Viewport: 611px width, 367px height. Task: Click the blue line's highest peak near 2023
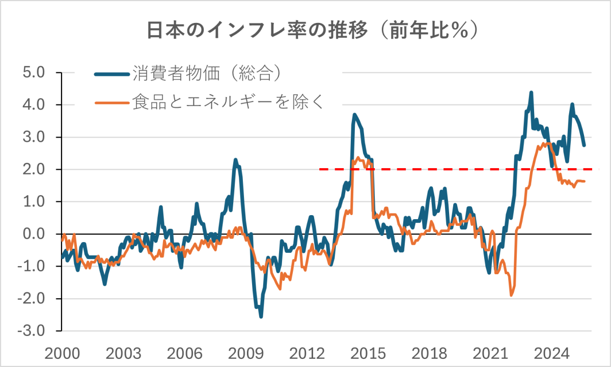point(531,93)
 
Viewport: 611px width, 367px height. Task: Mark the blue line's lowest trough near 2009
point(261,317)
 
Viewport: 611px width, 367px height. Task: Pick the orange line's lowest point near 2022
point(511,295)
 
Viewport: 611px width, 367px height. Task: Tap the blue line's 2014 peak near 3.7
point(354,115)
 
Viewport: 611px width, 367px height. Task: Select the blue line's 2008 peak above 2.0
point(236,160)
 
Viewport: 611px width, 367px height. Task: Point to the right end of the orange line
point(584,181)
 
